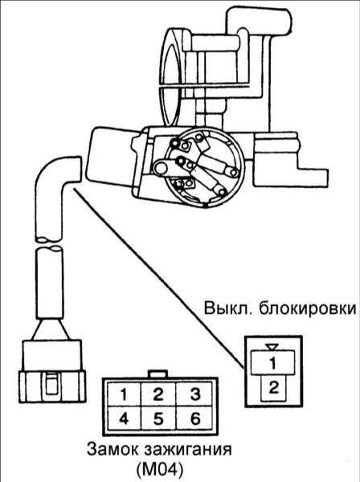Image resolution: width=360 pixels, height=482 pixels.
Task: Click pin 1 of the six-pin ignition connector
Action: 123,394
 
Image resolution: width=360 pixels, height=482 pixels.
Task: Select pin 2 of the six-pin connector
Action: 158,394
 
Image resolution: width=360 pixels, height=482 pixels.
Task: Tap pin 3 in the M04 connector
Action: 194,394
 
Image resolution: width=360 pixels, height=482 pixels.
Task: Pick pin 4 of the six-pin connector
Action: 123,418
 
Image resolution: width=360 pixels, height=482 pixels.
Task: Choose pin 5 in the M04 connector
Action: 158,418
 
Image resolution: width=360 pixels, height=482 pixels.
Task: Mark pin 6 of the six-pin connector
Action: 194,418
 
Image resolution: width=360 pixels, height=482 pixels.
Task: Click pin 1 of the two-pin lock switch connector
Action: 273,363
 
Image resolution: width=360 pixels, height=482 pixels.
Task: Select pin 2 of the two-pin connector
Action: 273,388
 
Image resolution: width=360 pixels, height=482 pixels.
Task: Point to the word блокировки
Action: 308,309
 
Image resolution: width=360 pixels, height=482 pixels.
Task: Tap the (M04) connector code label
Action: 159,469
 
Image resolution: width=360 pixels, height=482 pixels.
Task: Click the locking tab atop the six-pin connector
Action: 158,374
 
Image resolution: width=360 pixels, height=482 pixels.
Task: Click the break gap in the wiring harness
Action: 48,243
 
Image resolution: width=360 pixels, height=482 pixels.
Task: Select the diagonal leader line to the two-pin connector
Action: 158,279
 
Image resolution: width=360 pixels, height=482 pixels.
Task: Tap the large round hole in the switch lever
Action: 162,168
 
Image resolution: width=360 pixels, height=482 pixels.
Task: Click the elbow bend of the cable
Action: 51,174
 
